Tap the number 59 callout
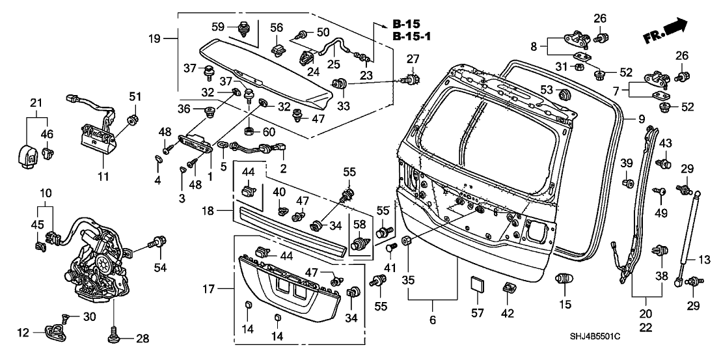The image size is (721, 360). point(219,27)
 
